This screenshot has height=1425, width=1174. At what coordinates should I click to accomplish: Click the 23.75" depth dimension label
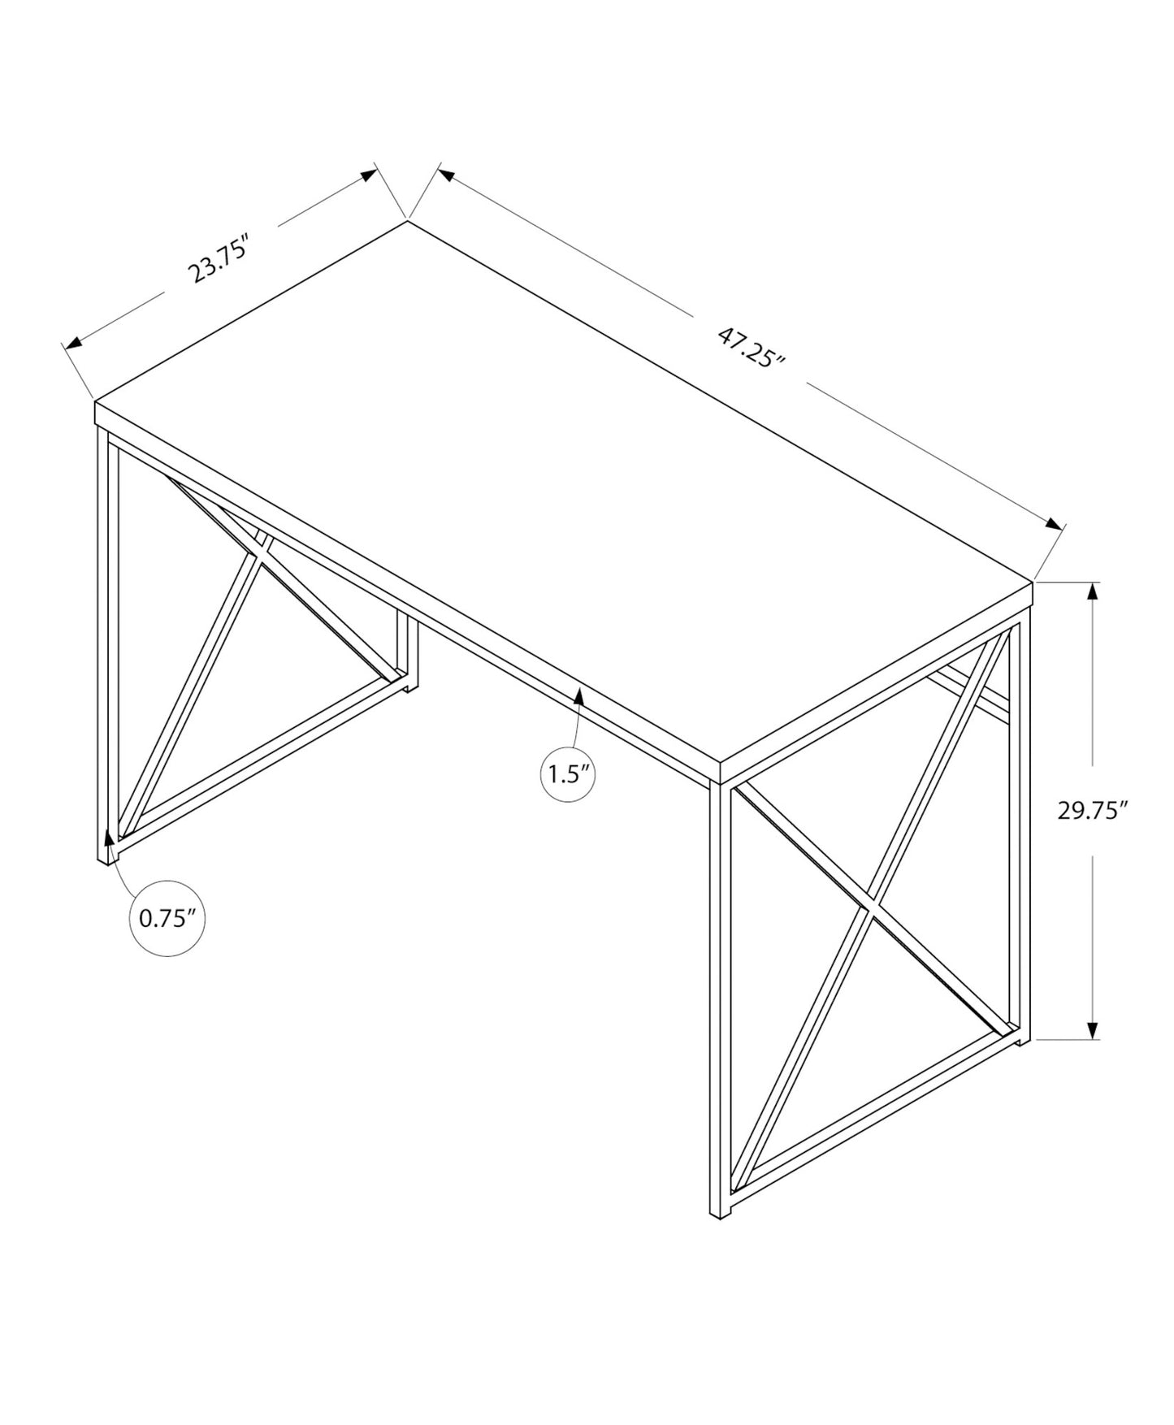point(217,258)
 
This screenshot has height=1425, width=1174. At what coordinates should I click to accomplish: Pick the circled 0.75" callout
point(167,918)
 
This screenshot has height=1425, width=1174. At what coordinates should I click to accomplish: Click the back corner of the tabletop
point(407,221)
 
